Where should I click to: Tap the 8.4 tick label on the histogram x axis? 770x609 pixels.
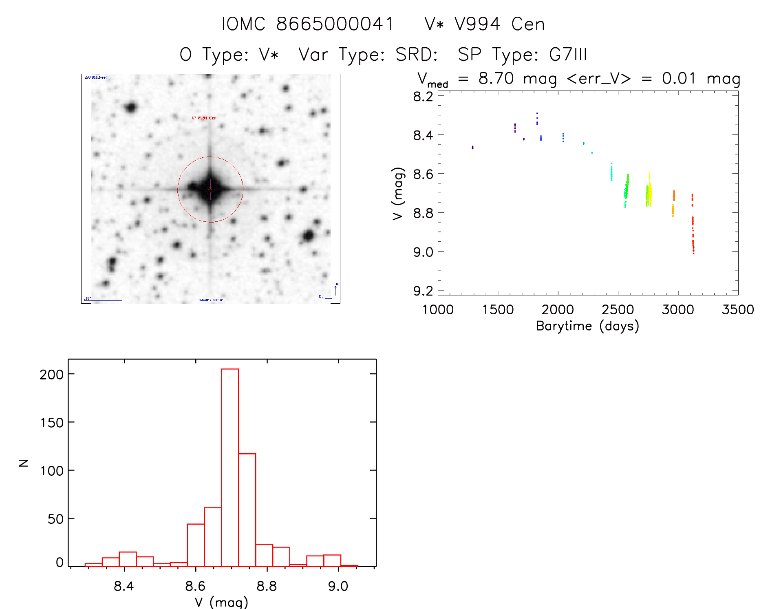click(x=124, y=586)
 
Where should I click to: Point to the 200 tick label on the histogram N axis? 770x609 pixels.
click(x=52, y=374)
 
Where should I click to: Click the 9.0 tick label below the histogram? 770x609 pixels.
click(x=338, y=586)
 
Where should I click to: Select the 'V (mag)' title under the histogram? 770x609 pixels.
click(x=221, y=602)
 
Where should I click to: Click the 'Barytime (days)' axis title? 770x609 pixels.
click(x=587, y=326)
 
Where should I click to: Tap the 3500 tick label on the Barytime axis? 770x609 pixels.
click(x=737, y=310)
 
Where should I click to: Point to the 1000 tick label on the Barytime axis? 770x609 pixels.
click(x=438, y=310)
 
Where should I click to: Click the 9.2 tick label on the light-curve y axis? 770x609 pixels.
click(x=423, y=291)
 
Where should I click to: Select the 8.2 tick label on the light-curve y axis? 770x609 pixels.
click(x=423, y=97)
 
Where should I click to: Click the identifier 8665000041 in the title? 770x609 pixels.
click(x=335, y=24)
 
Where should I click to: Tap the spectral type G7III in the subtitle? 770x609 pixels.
click(x=568, y=55)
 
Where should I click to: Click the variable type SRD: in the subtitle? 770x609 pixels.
click(x=416, y=55)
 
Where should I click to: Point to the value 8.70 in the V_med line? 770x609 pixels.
click(x=496, y=78)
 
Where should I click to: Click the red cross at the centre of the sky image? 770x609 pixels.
click(x=210, y=189)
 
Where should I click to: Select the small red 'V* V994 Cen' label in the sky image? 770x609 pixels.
click(x=204, y=118)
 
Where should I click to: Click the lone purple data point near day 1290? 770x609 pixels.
click(x=472, y=147)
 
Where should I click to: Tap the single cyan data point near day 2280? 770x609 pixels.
click(x=592, y=153)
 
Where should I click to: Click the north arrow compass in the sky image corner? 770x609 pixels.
click(x=335, y=290)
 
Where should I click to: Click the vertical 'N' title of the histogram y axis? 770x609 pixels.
click(x=24, y=463)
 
